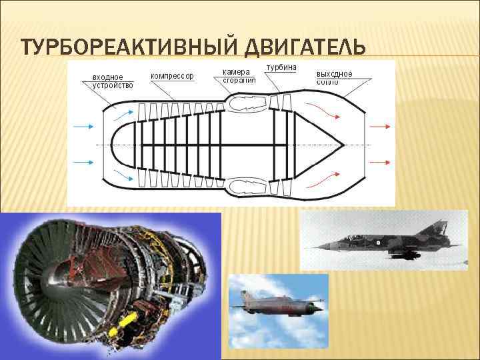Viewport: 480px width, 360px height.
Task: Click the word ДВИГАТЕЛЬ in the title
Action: (303, 49)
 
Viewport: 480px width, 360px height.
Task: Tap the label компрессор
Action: (173, 76)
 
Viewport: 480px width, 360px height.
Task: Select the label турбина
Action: (281, 68)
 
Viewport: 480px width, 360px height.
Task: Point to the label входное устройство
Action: (112, 81)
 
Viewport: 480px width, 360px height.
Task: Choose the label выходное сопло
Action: (335, 77)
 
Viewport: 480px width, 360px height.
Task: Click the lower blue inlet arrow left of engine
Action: (83, 161)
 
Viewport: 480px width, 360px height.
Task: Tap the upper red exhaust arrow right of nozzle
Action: (381, 125)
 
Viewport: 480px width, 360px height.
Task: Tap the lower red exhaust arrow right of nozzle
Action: (381, 161)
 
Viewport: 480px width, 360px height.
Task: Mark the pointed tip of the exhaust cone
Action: (342, 143)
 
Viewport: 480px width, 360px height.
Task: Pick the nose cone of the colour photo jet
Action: (233, 306)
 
